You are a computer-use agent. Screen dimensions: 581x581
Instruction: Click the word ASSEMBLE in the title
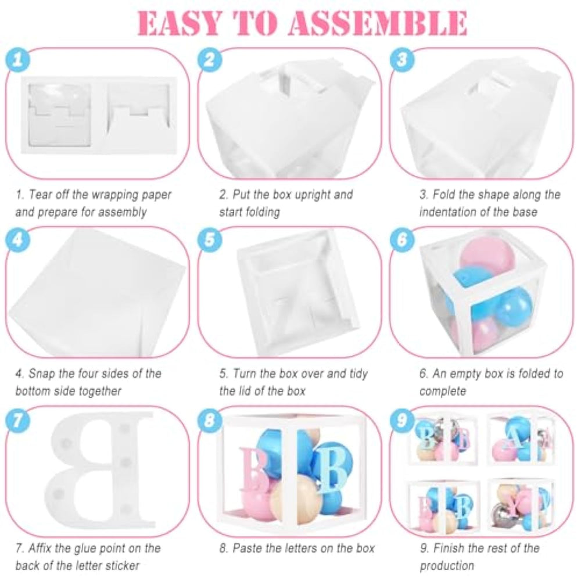378,23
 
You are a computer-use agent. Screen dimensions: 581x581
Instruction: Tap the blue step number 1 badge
18,60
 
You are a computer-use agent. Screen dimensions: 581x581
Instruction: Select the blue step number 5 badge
210,239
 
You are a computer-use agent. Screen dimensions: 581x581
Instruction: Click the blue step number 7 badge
18,420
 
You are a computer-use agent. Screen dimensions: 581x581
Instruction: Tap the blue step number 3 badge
402,59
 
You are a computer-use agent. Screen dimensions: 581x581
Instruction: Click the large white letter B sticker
100,470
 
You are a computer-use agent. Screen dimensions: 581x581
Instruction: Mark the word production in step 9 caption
447,566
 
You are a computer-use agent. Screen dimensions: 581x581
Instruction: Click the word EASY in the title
181,23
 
